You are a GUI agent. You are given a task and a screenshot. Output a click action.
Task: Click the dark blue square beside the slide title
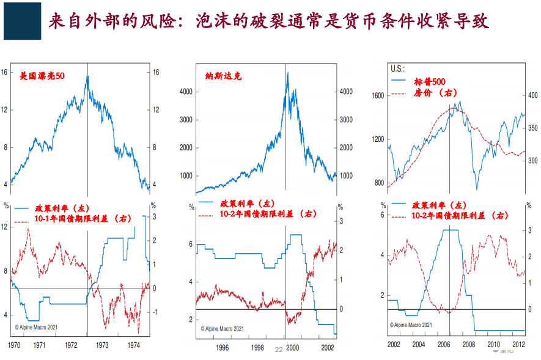click(x=22, y=22)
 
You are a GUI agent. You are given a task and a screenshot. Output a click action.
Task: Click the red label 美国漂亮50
click(x=42, y=76)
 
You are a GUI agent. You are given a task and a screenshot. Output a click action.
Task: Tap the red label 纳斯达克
click(x=223, y=76)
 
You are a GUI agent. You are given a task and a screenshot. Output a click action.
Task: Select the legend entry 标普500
click(x=429, y=81)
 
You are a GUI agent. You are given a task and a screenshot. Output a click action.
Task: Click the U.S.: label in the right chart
click(x=398, y=70)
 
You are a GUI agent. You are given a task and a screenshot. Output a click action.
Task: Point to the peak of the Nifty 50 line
click(x=87, y=76)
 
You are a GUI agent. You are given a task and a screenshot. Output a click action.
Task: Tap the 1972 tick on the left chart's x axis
click(x=71, y=345)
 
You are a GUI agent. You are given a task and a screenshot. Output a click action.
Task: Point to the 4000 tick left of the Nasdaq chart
click(x=185, y=92)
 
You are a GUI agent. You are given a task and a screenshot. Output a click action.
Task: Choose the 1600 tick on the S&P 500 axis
click(x=377, y=95)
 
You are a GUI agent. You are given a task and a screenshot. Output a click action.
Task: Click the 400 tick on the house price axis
click(x=532, y=95)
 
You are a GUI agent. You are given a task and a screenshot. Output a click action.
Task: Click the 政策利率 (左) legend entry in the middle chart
click(x=247, y=203)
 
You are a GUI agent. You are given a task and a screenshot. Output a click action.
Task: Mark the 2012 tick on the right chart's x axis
click(x=518, y=345)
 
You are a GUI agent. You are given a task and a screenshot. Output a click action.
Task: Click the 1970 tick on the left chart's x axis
click(x=12, y=345)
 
